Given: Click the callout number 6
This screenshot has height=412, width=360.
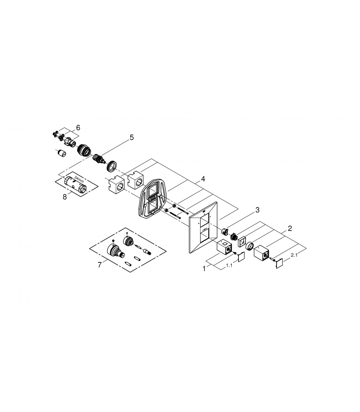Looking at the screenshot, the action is click(78, 128).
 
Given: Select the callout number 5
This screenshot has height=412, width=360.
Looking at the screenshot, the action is click(131, 138).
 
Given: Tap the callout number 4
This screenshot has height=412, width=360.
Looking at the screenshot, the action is click(203, 179).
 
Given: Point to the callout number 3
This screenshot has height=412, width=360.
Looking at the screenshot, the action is click(257, 210).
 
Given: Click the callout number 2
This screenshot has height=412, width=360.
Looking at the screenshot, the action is click(289, 228).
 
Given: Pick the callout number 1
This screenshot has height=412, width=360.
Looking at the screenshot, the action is click(204, 269).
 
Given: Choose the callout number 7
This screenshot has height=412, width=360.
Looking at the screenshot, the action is click(99, 265).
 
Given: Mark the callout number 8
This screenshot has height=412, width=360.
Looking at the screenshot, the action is click(64, 197).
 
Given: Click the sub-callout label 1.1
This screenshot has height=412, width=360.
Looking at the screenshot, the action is click(229, 265).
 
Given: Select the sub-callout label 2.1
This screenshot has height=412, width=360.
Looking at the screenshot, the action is click(294, 255).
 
